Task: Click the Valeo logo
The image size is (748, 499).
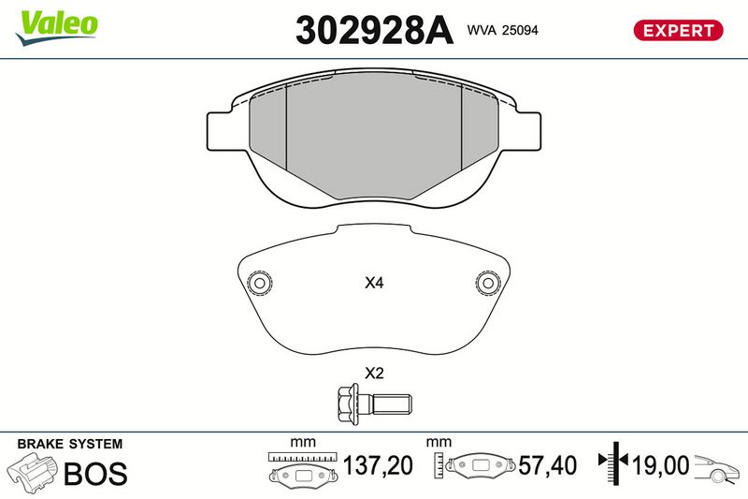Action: point(56,28)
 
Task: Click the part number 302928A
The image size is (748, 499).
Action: point(374,30)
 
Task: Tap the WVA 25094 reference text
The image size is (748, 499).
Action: point(502,30)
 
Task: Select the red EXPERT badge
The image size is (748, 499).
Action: point(679,30)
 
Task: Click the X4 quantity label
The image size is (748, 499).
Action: point(374,283)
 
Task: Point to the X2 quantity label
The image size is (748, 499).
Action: point(374,373)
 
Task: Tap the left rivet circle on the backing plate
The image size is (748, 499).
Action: point(260,283)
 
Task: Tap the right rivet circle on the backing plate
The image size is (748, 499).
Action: point(488,283)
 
